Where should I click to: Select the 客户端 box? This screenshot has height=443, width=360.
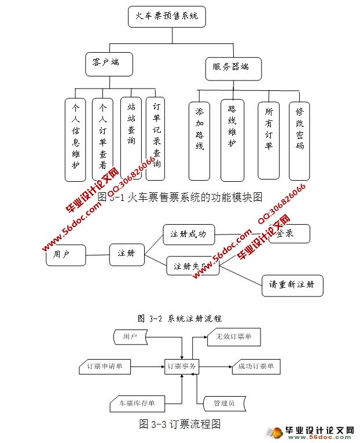(x=109, y=63)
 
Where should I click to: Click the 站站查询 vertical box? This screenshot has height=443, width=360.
(x=131, y=137)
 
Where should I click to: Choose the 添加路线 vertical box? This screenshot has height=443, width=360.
(x=200, y=140)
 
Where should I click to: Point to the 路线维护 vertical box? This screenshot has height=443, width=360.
(x=232, y=140)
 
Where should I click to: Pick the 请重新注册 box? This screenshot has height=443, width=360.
(x=292, y=285)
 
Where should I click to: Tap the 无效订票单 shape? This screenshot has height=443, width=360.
(x=234, y=336)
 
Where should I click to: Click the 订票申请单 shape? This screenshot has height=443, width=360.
(x=105, y=366)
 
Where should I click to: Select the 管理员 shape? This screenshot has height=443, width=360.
(x=223, y=402)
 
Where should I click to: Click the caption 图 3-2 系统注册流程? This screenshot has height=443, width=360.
(x=180, y=318)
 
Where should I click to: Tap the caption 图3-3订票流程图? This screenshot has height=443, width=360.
(x=180, y=424)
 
